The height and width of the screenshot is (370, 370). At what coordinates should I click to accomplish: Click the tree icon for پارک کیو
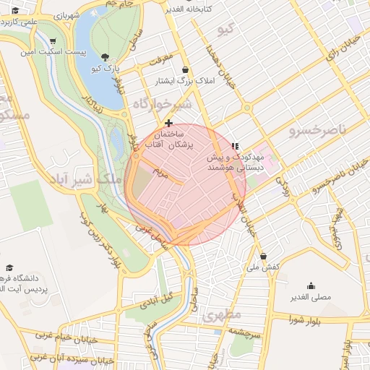click(x=106, y=57)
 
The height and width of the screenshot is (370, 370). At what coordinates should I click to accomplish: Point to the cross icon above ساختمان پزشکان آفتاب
click(x=169, y=124)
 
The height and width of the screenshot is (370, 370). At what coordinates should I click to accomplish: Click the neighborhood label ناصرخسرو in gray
click(x=317, y=130)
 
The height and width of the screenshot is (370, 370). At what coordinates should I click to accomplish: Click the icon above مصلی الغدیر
click(x=311, y=285)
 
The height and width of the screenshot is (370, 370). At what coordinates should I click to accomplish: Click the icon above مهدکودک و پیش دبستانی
click(x=234, y=145)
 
